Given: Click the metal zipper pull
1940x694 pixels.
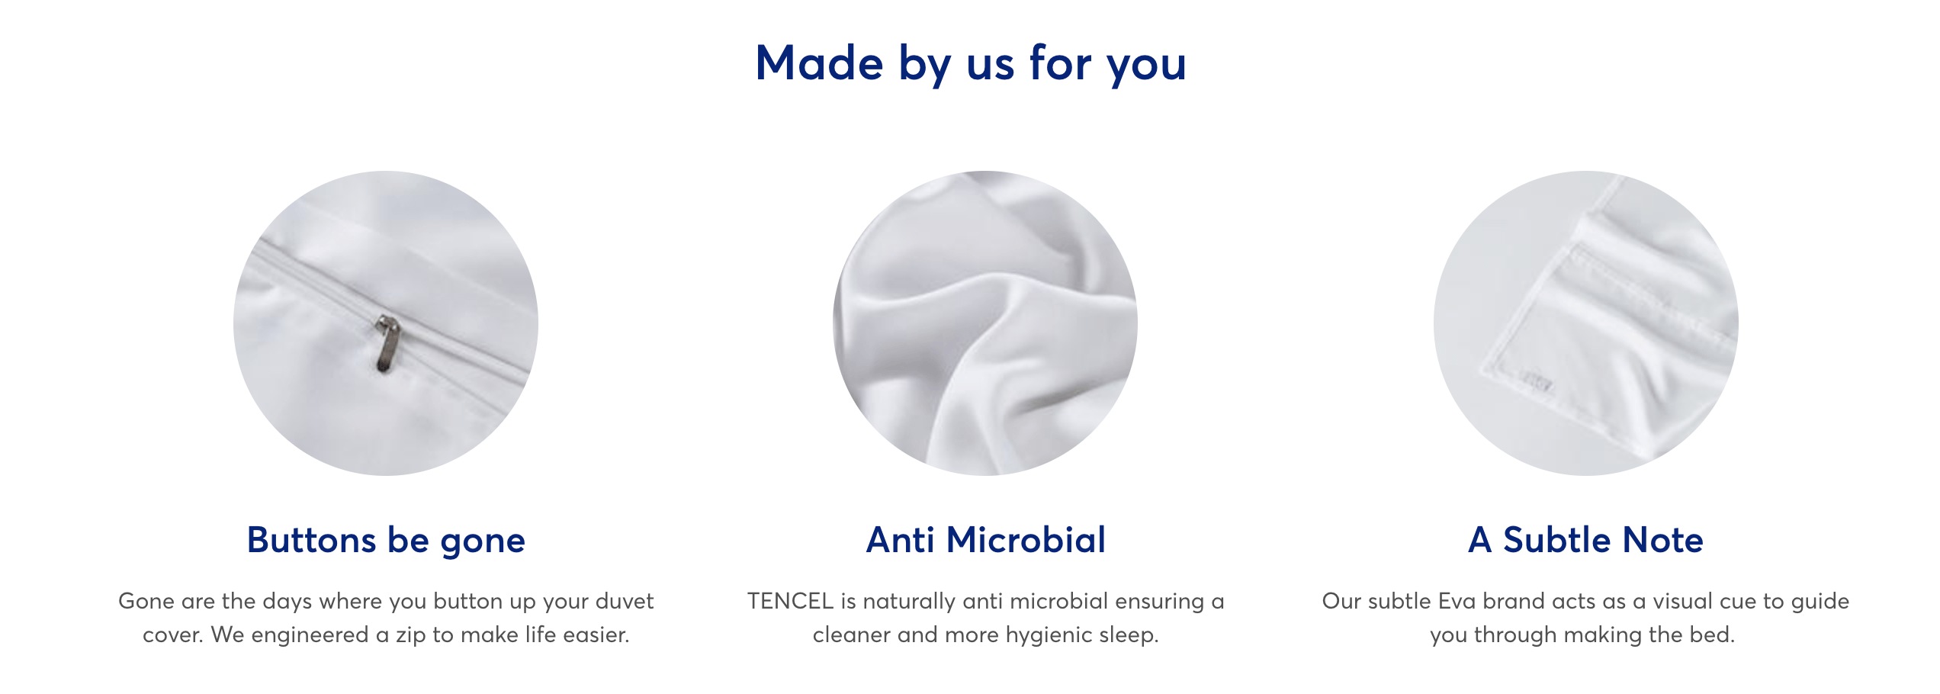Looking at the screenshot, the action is click(387, 345).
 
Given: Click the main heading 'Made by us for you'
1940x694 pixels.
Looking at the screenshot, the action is click(970, 64).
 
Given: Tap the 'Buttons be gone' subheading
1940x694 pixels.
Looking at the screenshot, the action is click(386, 541).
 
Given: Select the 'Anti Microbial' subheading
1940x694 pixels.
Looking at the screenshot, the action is click(985, 540).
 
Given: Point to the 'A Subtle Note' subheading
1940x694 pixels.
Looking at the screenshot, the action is click(1585, 540).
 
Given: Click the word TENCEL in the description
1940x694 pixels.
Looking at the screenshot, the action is click(790, 601).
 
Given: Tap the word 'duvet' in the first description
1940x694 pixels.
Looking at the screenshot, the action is click(624, 601).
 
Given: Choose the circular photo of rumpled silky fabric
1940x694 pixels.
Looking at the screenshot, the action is click(985, 323).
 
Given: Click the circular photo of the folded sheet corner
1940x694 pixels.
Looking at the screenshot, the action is click(1586, 323).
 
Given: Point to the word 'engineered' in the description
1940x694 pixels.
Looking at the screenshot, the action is click(310, 635).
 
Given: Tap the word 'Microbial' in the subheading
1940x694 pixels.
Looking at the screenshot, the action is click(1026, 540).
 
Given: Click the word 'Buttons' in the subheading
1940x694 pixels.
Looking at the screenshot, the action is click(311, 541).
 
